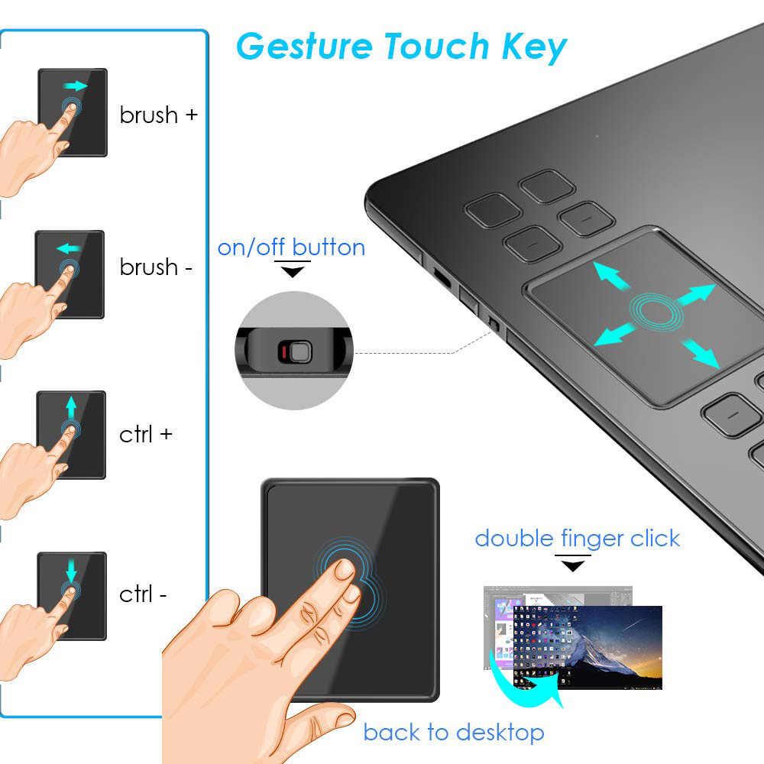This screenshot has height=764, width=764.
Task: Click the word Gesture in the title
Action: click(304, 47)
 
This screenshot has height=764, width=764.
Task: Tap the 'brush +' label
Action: click(159, 115)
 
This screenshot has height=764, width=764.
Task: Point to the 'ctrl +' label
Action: click(146, 434)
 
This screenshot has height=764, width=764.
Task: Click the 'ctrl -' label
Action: click(143, 594)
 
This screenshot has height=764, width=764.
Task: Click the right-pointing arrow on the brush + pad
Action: click(76, 86)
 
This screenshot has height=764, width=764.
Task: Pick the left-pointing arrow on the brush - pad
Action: click(68, 248)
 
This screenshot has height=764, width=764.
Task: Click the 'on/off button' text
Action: click(291, 248)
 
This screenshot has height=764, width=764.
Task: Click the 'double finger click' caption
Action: click(577, 539)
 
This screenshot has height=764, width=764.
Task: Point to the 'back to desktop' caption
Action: click(453, 733)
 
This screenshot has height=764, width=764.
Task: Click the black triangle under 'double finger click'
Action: click(573, 565)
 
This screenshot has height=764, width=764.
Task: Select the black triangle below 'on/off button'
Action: click(293, 272)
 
